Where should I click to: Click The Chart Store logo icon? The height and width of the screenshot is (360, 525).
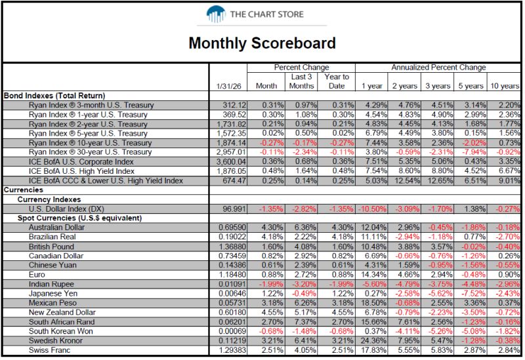pos(216,14)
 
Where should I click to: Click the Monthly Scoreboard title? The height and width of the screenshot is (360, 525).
pos(262,43)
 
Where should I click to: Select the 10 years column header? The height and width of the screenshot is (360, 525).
pos(505,86)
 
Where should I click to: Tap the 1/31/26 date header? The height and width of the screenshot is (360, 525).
pos(228,87)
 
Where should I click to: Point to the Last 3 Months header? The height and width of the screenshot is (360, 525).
pos(301,81)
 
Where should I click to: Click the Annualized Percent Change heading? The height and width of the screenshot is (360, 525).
pos(438,68)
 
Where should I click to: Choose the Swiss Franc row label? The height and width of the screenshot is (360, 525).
pos(50,350)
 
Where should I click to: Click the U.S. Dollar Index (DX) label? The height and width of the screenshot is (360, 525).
pos(66,209)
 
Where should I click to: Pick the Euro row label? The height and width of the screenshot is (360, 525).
pos(37,275)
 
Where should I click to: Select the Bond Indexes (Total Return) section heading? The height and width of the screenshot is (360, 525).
pos(54,96)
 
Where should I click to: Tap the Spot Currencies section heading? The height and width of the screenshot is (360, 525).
pos(79,218)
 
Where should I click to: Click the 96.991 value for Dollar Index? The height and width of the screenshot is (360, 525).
pos(234,209)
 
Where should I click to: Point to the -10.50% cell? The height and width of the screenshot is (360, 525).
pos(372,209)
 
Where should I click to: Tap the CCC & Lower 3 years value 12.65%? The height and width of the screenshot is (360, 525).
pos(438,181)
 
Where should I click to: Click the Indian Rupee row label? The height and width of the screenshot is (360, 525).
pos(51,284)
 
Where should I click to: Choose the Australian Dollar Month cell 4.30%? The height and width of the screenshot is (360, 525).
pos(272,228)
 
